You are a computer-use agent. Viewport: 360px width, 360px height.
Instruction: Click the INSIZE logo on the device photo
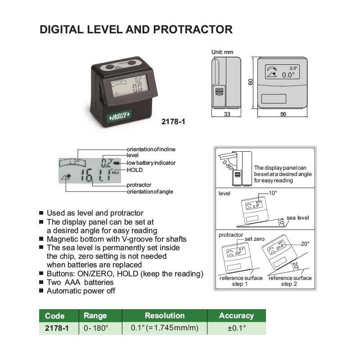coord(119,116)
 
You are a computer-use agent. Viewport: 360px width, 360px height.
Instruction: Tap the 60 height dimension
coord(251,82)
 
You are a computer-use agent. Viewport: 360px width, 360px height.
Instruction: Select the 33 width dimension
coord(227,115)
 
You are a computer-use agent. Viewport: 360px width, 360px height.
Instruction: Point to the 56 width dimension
coord(283,115)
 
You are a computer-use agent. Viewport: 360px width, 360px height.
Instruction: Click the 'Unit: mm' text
coord(222,52)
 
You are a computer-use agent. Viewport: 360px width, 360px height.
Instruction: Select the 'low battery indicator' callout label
coord(151,162)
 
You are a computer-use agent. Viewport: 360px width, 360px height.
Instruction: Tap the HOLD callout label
coord(135,170)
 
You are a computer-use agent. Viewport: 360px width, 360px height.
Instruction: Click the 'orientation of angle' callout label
coord(149,192)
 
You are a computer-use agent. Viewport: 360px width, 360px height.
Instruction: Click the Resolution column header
coord(164,315)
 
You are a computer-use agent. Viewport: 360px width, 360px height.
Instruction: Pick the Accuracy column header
coord(236,315)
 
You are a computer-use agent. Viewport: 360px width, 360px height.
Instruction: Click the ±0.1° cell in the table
coord(236,328)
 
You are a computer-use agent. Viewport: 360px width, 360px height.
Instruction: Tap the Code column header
coord(55,316)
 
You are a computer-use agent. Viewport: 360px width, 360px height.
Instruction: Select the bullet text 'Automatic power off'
coord(81,291)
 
